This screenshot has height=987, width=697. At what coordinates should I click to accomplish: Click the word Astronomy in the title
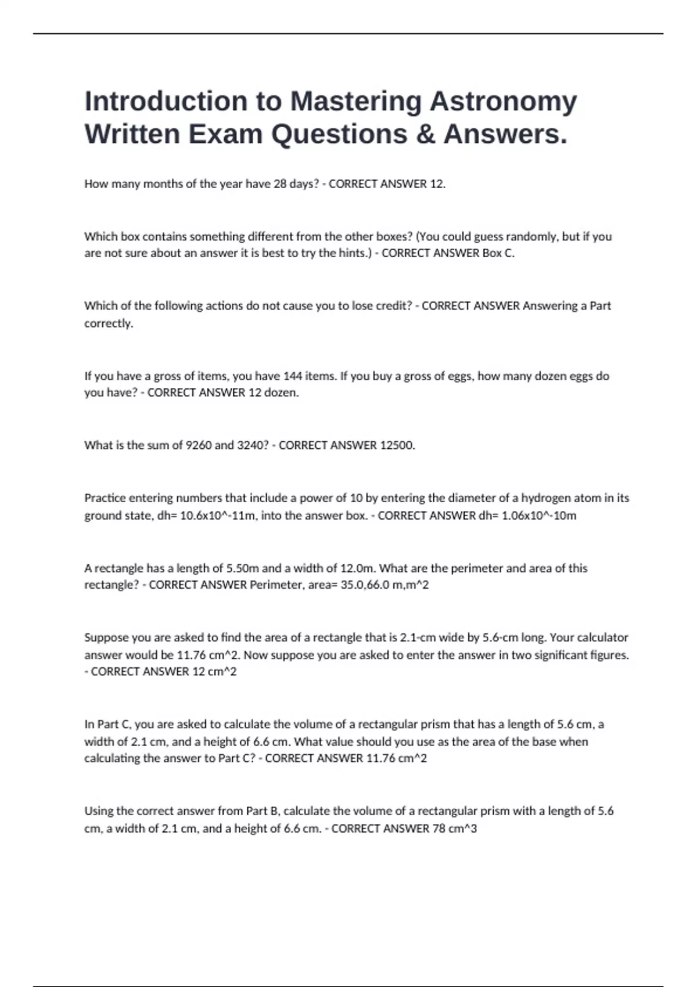503,102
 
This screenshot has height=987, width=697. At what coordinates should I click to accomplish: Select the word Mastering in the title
355,102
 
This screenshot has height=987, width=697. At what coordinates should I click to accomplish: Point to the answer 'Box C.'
498,253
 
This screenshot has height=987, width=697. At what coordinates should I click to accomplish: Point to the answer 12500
397,445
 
